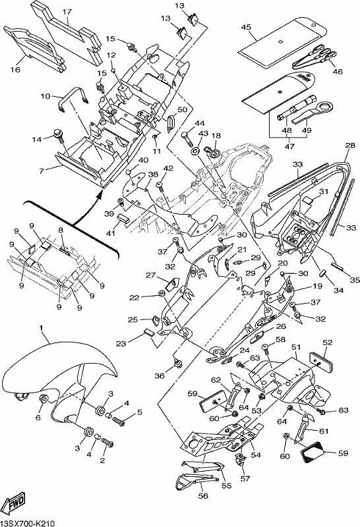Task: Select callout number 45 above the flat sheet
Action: pyautogui.click(x=247, y=27)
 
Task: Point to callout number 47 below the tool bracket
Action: pyautogui.click(x=289, y=146)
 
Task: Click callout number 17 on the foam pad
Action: pyautogui.click(x=67, y=12)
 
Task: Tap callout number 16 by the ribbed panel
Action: pyautogui.click(x=15, y=70)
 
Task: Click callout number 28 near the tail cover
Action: pyautogui.click(x=350, y=145)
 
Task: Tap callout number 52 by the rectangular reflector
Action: pyautogui.click(x=328, y=343)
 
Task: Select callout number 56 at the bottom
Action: pyautogui.click(x=204, y=496)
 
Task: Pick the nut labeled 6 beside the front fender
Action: pyautogui.click(x=44, y=399)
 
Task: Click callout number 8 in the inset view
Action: pyautogui.click(x=61, y=230)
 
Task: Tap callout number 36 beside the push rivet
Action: pyautogui.click(x=160, y=375)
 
